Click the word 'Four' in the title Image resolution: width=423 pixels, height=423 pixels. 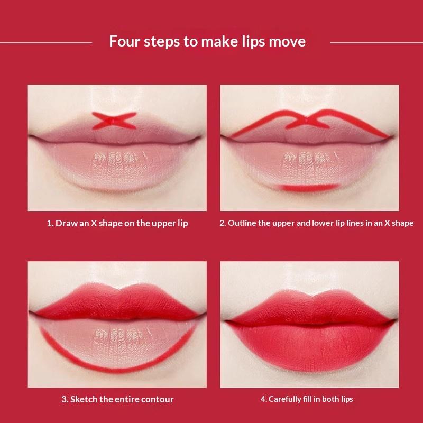pos(125,41)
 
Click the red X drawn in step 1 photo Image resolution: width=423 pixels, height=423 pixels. pos(114,121)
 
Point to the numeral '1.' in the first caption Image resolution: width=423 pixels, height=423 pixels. pos(50,223)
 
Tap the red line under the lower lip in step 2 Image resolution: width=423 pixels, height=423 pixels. pos(309,187)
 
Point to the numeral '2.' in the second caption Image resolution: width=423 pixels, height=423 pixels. pos(223,223)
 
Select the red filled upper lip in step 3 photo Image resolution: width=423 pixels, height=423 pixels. pos(116,302)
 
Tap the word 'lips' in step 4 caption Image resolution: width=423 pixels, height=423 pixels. pos(346,400)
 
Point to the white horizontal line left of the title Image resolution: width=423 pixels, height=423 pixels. pos(46,42)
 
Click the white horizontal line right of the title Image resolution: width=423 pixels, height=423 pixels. pos(376,42)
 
